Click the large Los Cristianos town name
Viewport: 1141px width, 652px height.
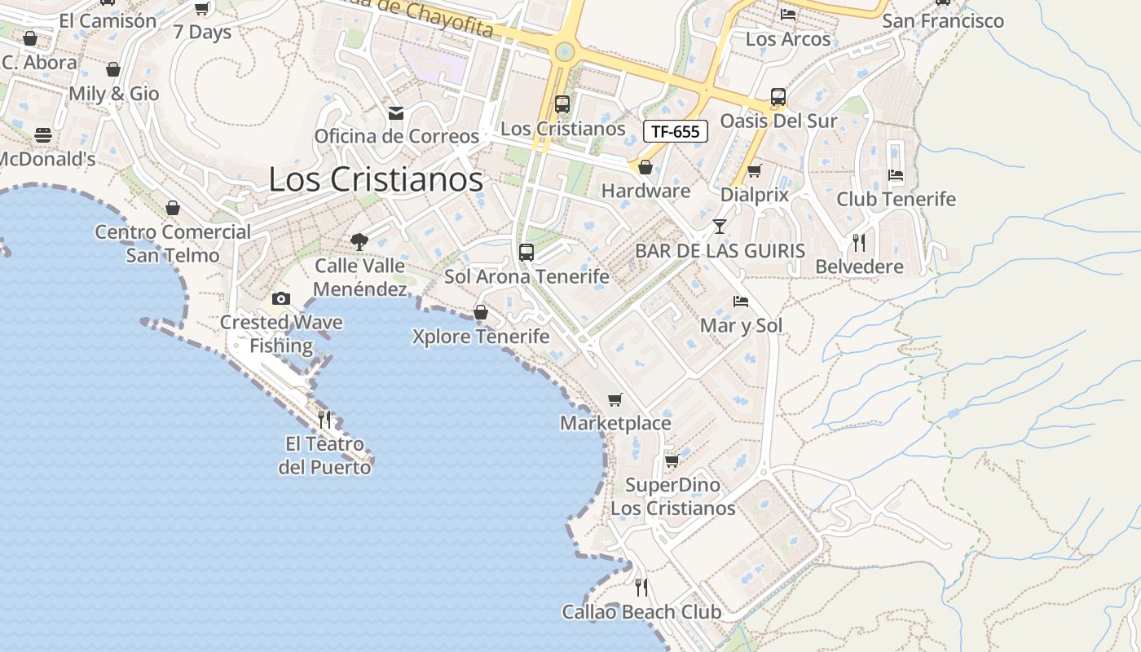tap(376, 180)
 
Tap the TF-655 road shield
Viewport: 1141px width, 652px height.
tap(676, 131)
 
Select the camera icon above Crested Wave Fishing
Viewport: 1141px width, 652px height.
tap(281, 298)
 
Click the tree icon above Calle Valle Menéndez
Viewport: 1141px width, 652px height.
tap(359, 241)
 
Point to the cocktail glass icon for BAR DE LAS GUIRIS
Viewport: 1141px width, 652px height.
tap(720, 227)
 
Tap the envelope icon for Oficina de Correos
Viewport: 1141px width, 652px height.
tap(396, 112)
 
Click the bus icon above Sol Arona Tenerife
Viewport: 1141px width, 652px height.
tap(526, 252)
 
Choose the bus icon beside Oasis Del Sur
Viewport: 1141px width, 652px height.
tap(778, 97)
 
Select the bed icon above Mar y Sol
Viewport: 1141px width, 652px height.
tap(741, 302)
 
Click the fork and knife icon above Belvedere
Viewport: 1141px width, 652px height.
tap(859, 242)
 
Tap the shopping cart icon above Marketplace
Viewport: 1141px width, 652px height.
tap(615, 399)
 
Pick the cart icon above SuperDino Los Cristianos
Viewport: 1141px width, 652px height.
tap(672, 460)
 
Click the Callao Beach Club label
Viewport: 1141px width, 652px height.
tap(641, 612)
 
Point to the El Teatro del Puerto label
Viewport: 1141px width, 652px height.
tap(324, 456)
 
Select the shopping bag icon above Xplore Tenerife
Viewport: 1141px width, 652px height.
tap(481, 312)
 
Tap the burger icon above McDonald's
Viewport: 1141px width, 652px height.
tap(43, 134)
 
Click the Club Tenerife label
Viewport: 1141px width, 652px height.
tap(896, 199)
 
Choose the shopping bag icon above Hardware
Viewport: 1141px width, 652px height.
tap(645, 167)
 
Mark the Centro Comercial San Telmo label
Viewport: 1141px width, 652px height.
tap(173, 244)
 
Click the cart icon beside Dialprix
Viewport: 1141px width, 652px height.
tap(755, 171)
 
